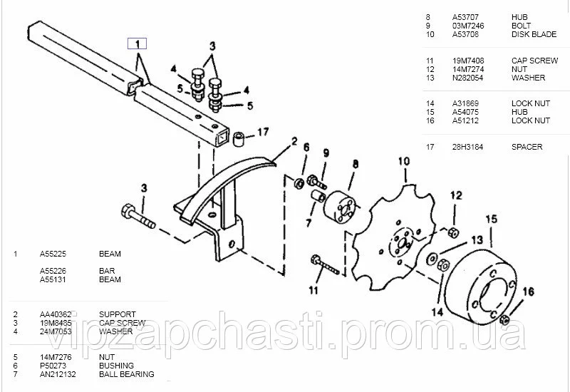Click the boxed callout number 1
137,43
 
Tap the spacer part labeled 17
239,140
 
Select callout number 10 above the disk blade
404,162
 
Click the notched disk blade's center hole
402,244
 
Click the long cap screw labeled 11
324,265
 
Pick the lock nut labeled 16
504,320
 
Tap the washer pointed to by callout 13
432,258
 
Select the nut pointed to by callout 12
453,232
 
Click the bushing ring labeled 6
299,182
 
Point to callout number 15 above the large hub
491,220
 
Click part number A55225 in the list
53,254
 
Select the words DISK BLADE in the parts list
534,34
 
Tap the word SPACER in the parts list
527,147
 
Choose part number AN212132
58,374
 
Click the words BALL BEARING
127,374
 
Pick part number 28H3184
467,147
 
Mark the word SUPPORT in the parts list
118,314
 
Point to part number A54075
465,112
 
